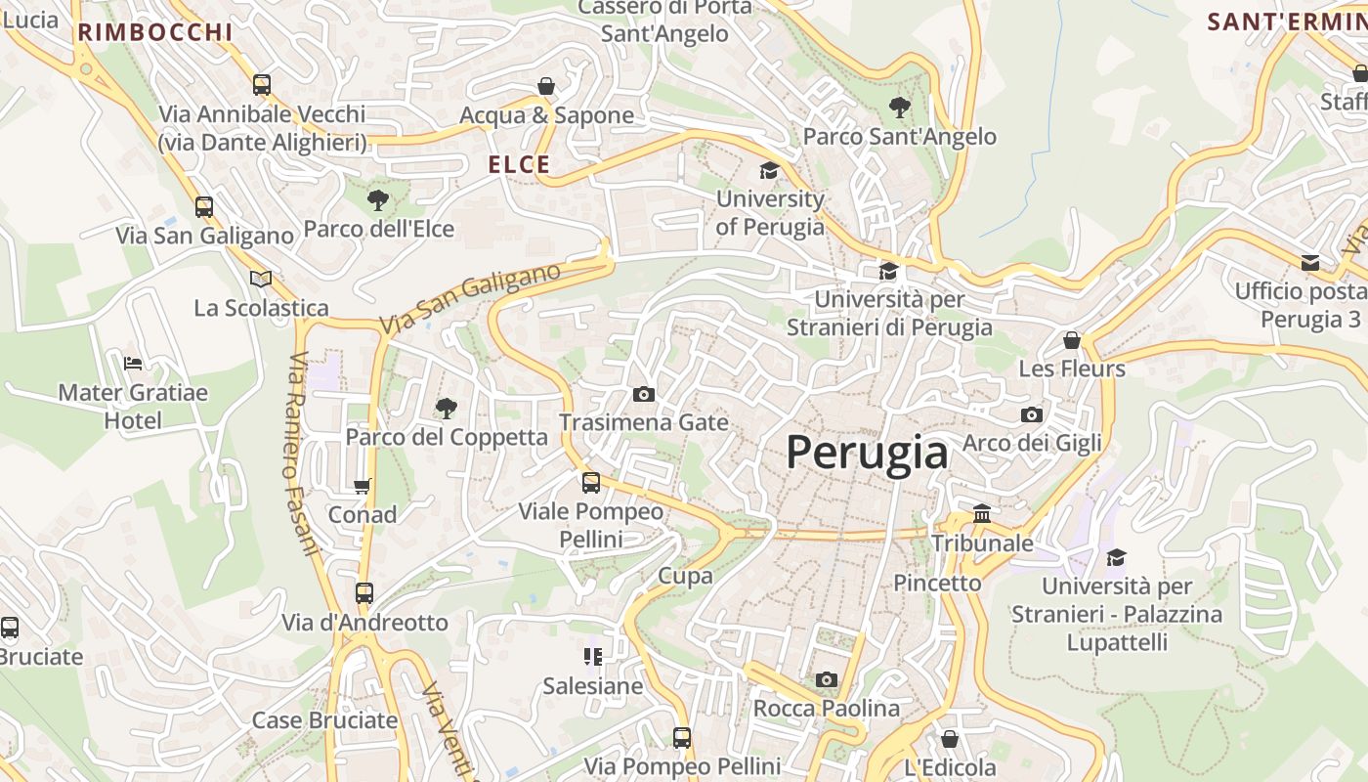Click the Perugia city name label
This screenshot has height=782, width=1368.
point(867,454)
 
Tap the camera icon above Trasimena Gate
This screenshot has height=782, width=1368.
point(644,394)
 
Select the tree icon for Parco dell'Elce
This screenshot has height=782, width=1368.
point(378,200)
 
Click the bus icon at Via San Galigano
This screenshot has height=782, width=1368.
point(204,207)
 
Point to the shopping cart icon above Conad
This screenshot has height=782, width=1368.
point(363,486)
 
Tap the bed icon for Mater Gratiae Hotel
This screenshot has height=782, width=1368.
point(133,364)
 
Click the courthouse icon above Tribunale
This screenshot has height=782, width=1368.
point(982,513)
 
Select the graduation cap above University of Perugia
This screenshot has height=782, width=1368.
point(770,171)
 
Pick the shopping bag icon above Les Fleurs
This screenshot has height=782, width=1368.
point(1072,340)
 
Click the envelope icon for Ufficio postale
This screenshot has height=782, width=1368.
point(1310,262)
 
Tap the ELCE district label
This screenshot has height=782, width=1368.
point(520,165)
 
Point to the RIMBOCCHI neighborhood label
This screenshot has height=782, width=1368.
point(155,32)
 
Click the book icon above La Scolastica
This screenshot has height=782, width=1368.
point(261,280)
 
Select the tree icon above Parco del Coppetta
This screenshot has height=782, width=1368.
point(447,408)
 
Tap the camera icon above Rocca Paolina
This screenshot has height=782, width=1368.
point(827,679)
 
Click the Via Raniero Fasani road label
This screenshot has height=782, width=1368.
point(304,454)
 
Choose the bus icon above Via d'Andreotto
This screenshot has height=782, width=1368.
point(364,593)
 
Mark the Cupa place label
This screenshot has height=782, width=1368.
point(685,576)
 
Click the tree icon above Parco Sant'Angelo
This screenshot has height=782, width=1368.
point(900,108)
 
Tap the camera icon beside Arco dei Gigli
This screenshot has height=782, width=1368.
point(1032,414)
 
